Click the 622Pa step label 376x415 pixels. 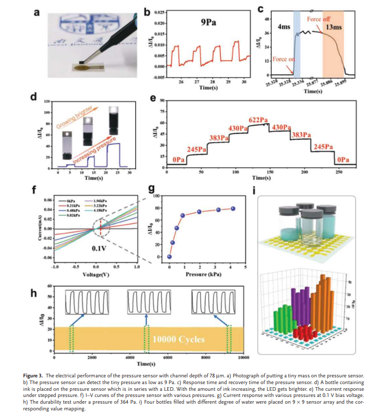258,120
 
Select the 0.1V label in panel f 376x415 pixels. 99,248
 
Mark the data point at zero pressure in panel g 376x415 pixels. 169,257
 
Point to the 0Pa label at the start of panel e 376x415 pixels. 179,160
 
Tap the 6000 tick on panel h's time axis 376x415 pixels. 168,357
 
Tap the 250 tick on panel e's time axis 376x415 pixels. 339,171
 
